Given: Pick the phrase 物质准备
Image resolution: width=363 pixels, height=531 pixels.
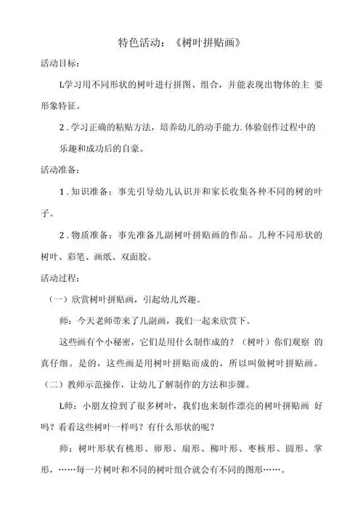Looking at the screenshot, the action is (92, 235).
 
